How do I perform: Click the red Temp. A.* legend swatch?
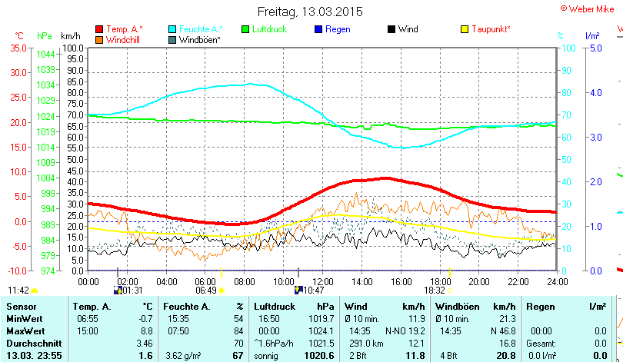click(x=99, y=29)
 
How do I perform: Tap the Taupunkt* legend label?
click(x=491, y=29)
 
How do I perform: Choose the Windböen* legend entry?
click(x=199, y=39)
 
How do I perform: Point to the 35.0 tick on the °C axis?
click(x=17, y=48)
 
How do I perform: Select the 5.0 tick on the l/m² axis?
click(x=595, y=48)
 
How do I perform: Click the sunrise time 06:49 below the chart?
click(x=205, y=291)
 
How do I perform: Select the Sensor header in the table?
click(x=21, y=306)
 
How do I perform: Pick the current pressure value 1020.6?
click(x=318, y=355)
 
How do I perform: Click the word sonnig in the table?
click(x=266, y=355)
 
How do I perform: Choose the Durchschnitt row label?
click(x=31, y=343)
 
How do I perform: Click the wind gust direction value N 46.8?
click(x=501, y=330)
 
